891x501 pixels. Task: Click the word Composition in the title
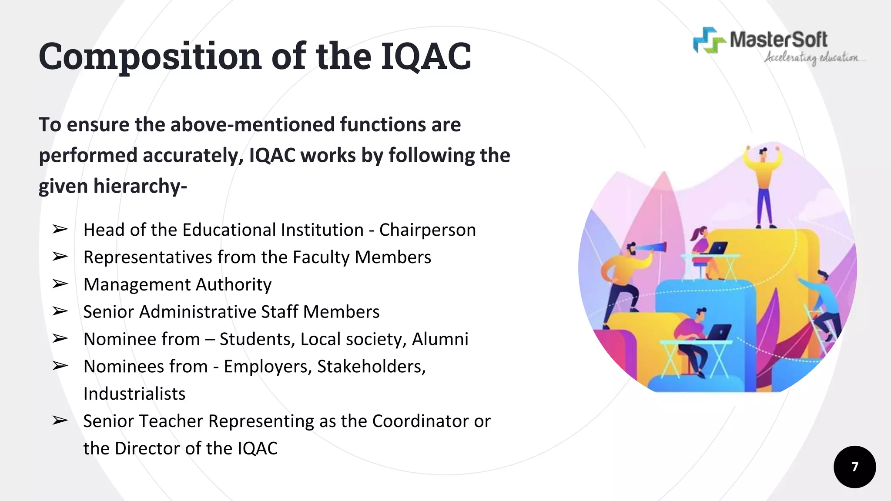[150, 57]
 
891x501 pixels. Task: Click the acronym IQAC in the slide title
[426, 57]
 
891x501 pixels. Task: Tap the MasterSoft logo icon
[709, 40]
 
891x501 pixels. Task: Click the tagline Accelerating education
[812, 58]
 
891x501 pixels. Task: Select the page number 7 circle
[854, 467]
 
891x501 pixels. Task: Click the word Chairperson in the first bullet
[427, 230]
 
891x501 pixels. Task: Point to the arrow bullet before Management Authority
[60, 284]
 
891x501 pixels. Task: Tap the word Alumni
[440, 339]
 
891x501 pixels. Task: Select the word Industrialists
[134, 394]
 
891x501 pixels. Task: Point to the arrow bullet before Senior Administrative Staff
[60, 311]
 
